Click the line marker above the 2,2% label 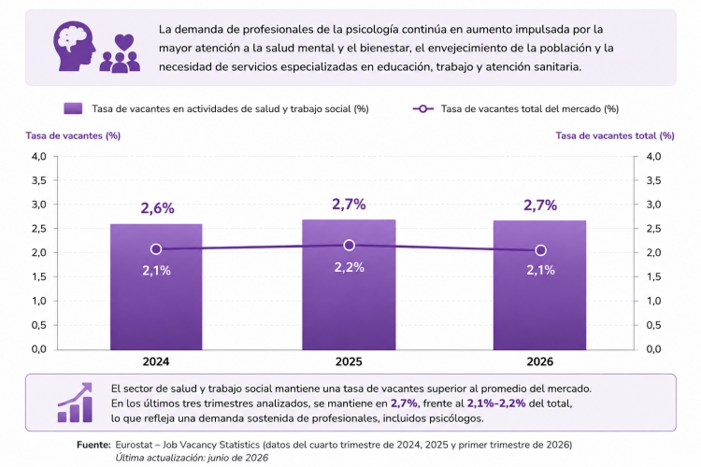point(350,245)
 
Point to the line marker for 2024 point(156,249)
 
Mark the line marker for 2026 point(540,249)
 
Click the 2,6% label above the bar point(157,207)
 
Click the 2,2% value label point(350,267)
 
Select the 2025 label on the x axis point(349,361)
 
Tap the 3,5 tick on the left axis point(39,180)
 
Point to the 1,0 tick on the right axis point(653,301)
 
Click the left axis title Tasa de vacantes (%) point(73,135)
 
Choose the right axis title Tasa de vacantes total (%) point(615,135)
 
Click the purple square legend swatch point(73,108)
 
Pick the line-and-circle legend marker point(422,108)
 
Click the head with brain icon point(74,46)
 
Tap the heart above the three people point(123,42)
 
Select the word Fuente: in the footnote point(93,445)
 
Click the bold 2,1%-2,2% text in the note point(496,403)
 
